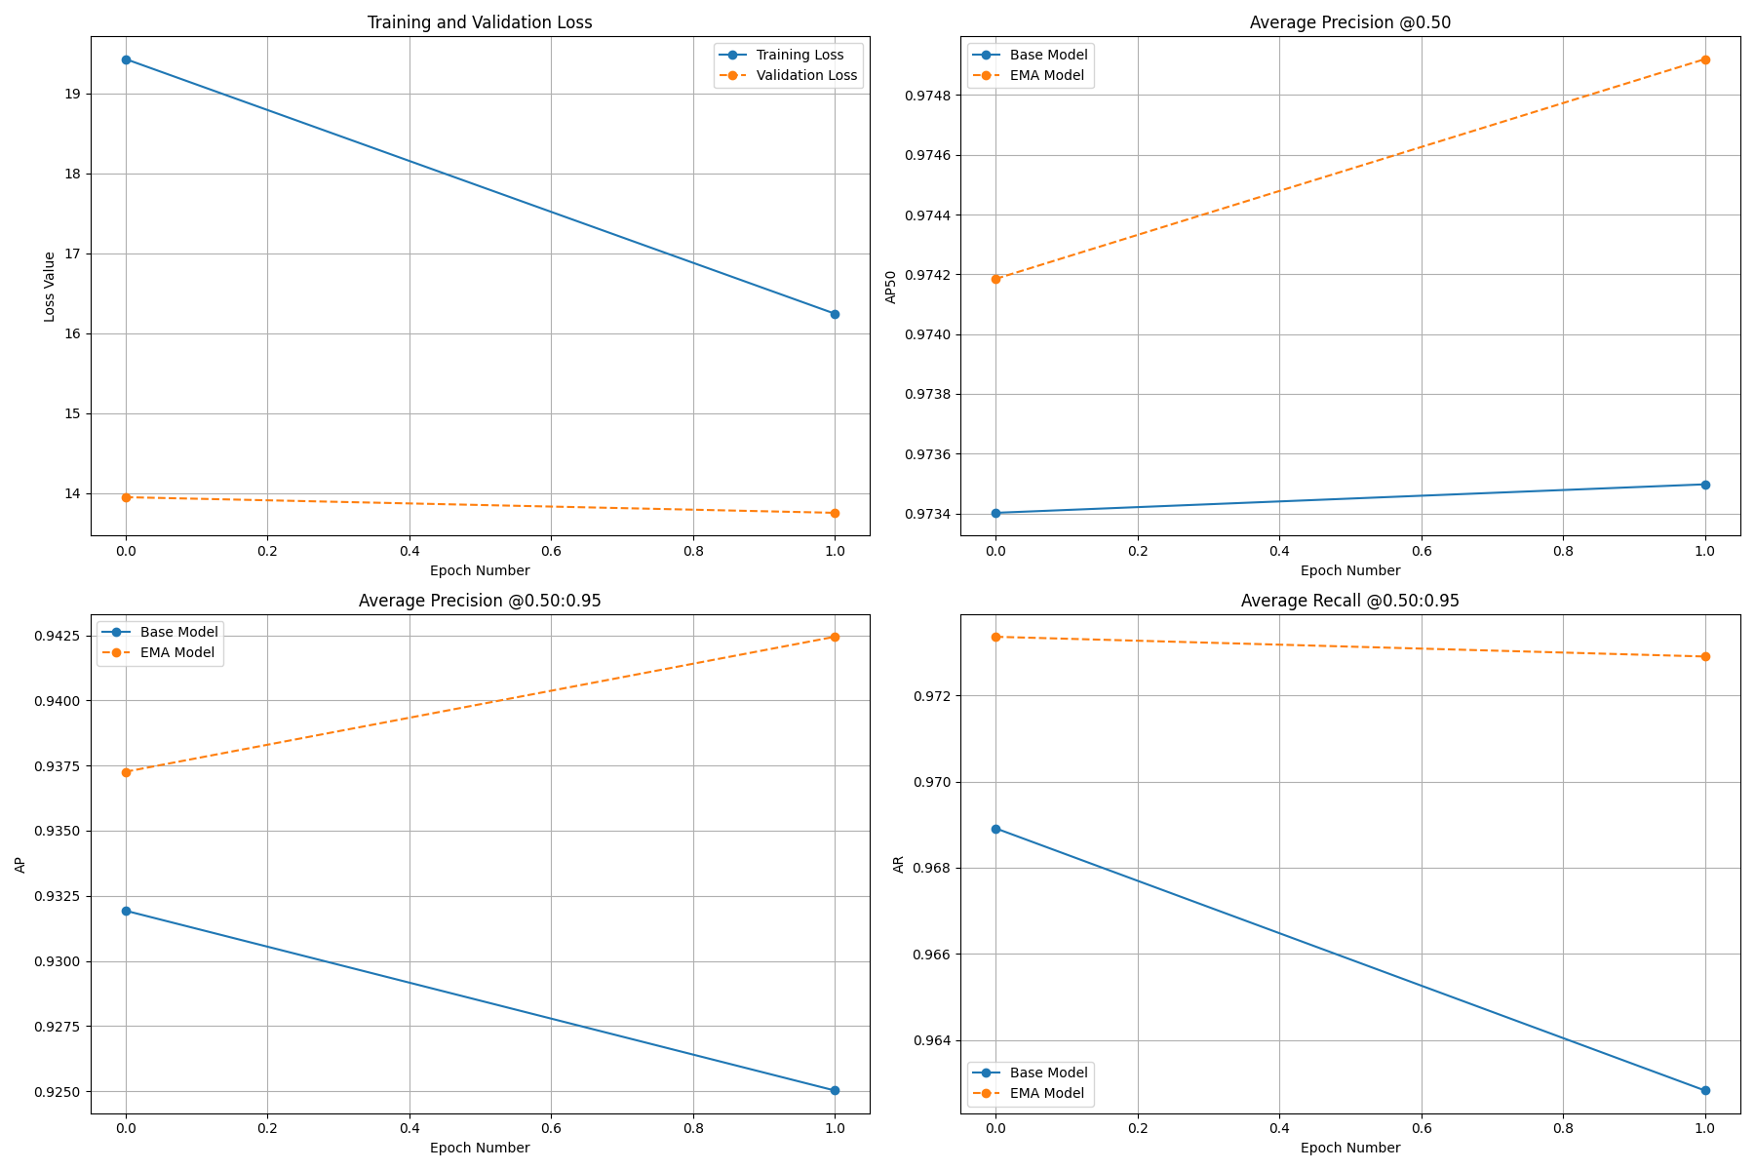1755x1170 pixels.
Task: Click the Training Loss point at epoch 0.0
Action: coord(126,59)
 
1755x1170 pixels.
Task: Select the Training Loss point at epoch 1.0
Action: coord(835,314)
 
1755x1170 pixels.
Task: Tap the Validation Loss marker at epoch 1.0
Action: coord(835,513)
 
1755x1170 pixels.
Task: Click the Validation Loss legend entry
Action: coord(805,75)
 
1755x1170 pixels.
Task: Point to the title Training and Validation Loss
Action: coord(479,22)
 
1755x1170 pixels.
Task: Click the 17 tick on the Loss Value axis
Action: coord(74,253)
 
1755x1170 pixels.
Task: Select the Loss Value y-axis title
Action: coord(50,287)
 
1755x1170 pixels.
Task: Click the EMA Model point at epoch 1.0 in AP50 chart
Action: coord(1705,59)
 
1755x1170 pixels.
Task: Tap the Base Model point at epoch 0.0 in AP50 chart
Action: coord(995,513)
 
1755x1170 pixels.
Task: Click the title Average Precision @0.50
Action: coord(1349,22)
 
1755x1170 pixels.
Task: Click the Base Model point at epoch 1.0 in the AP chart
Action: coord(835,1090)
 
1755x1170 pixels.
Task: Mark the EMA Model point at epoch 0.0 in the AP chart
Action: coord(126,772)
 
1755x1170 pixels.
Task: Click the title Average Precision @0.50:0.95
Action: coord(479,601)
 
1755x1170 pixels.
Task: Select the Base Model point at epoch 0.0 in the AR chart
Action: coord(995,829)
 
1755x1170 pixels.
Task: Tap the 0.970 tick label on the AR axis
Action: coord(930,782)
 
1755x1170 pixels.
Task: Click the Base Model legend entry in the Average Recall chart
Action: coord(1047,1072)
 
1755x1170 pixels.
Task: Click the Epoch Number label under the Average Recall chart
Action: coord(1349,1148)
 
